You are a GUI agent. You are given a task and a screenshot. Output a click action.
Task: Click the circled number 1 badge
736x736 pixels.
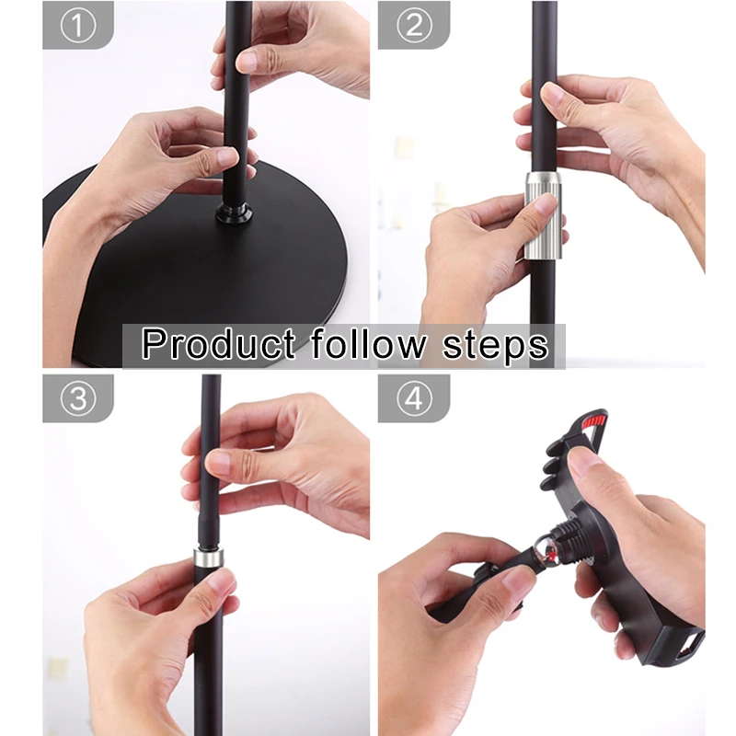(78, 26)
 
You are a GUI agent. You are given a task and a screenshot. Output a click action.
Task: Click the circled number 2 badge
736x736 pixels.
(413, 26)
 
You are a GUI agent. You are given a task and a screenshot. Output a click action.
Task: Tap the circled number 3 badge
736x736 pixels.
(78, 398)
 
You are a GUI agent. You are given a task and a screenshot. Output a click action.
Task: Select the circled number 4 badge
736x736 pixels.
(413, 398)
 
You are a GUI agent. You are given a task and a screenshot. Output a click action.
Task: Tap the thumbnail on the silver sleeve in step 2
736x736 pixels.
(544, 204)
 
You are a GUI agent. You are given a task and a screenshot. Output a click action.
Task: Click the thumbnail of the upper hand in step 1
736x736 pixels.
(247, 62)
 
